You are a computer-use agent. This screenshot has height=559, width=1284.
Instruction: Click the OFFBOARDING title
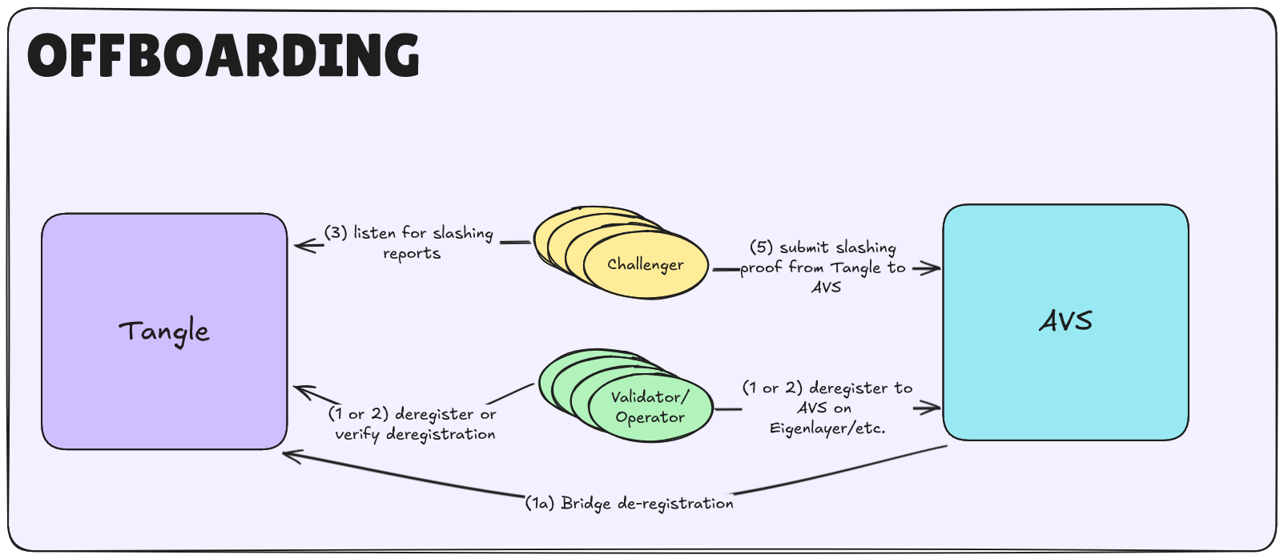click(x=223, y=55)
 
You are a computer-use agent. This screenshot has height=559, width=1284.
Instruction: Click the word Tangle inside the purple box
click(x=164, y=332)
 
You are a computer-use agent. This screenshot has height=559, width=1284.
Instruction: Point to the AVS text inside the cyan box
click(x=1065, y=321)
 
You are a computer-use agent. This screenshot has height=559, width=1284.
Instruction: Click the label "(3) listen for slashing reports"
click(x=409, y=243)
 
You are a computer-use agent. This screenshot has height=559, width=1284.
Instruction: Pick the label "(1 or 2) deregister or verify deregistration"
click(x=413, y=424)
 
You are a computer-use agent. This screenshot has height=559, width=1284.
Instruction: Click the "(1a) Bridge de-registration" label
click(x=630, y=503)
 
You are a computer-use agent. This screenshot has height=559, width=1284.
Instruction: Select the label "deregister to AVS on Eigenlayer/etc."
click(x=827, y=408)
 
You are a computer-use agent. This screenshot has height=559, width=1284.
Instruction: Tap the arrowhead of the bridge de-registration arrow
click(x=288, y=456)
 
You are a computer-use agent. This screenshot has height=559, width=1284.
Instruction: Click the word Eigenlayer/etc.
click(x=827, y=428)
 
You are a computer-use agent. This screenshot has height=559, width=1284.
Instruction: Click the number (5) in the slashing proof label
click(x=760, y=247)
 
